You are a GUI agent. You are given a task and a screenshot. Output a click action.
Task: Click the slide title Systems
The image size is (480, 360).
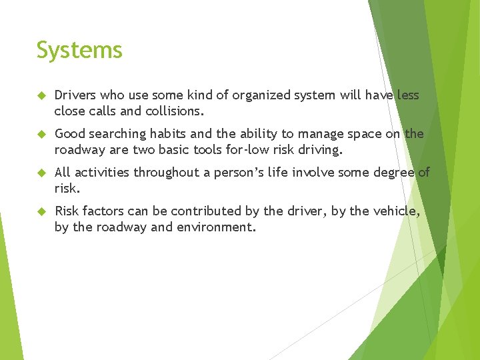pos(79,51)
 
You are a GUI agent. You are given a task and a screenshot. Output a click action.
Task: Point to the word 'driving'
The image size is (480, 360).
pos(318,149)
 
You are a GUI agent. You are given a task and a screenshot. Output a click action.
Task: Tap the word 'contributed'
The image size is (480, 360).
pos(205,211)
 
